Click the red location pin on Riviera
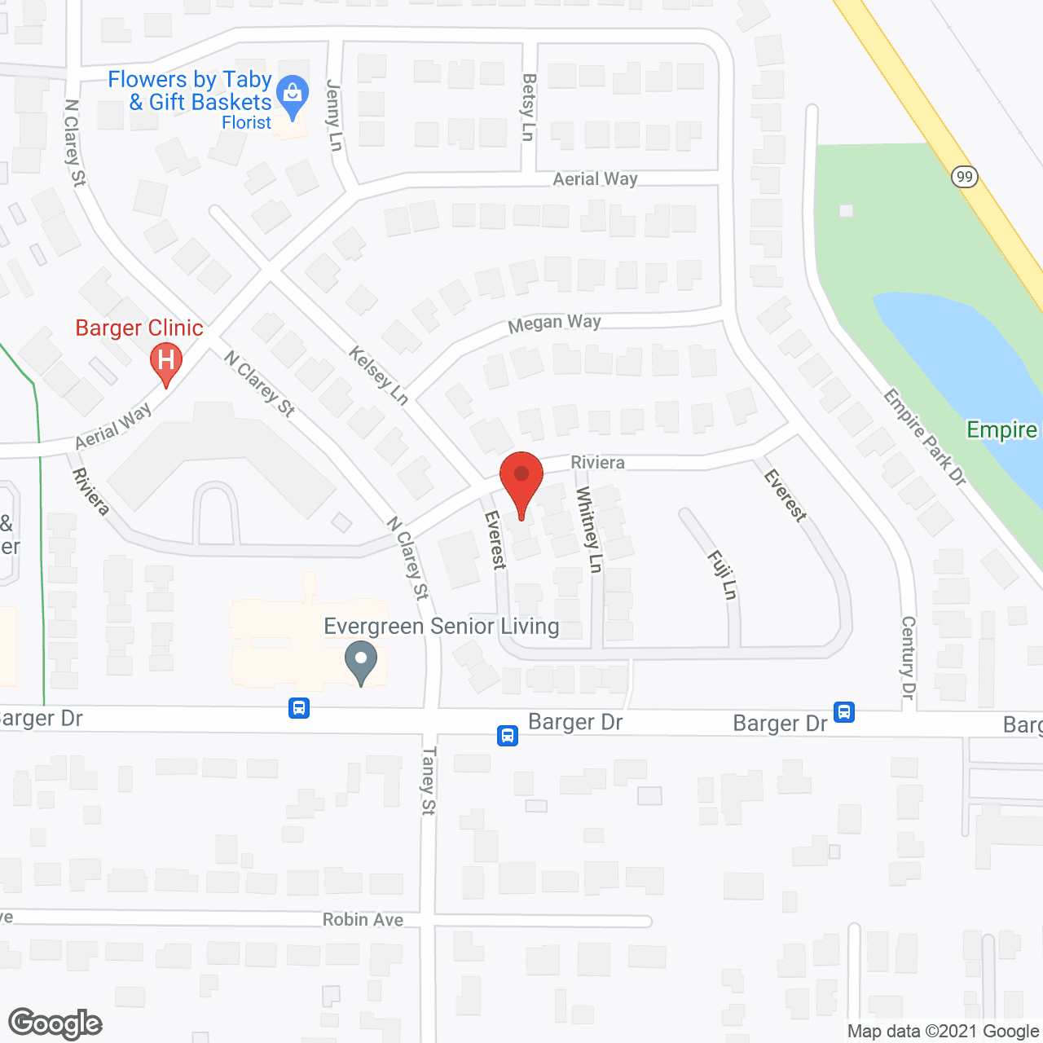(521, 477)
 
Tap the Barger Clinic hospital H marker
(166, 361)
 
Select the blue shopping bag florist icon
(292, 95)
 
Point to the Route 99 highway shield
(965, 176)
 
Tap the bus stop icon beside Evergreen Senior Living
(299, 707)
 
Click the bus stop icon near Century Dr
(844, 711)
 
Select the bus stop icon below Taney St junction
(508, 735)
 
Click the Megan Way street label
(554, 323)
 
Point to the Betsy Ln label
(529, 107)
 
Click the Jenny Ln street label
(334, 114)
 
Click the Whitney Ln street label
(588, 529)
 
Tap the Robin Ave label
(363, 919)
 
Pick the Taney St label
(429, 780)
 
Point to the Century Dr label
(909, 657)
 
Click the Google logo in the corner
(55, 1023)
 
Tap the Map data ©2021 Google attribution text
(943, 1032)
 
